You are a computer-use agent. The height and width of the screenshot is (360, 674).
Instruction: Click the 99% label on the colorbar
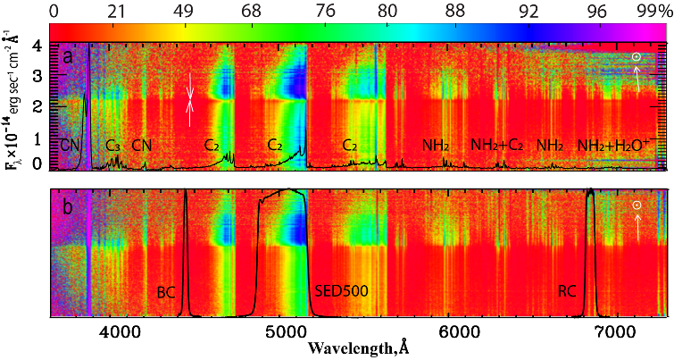[x=652, y=11]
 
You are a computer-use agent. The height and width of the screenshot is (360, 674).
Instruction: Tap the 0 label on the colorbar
[x=55, y=11]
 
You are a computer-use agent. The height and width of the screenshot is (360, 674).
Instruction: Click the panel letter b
[x=67, y=204]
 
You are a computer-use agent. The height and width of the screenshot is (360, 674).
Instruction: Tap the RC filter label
[x=567, y=291]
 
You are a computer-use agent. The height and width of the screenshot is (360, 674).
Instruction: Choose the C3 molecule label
[x=113, y=145]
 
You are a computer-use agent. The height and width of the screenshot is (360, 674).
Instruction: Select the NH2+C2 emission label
[x=497, y=145]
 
